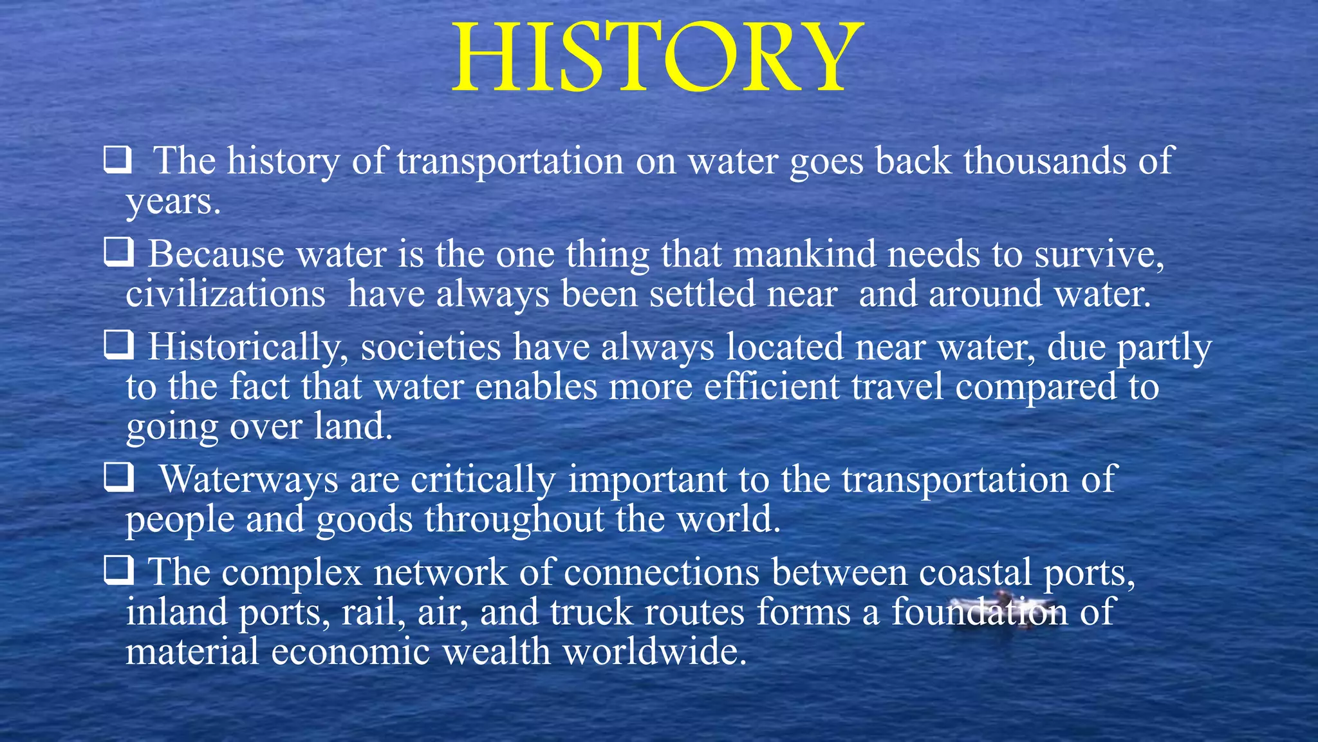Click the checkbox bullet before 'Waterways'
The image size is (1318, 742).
[119, 477]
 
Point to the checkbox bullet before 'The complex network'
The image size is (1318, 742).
[119, 570]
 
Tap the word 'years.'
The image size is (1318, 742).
[173, 202]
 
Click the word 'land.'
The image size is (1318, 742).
[353, 426]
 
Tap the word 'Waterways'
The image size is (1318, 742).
[248, 480]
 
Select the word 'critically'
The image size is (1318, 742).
[483, 480]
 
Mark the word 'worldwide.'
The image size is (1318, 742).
[654, 652]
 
